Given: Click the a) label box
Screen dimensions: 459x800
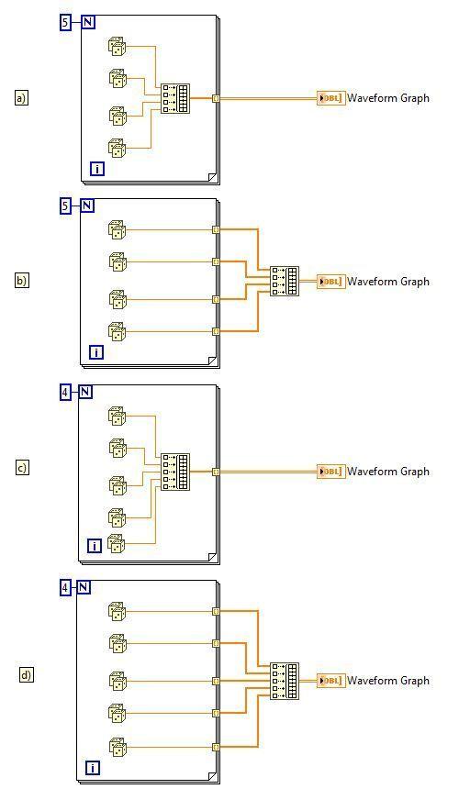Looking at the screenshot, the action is [x=21, y=97].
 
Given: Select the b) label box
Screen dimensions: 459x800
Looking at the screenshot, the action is [x=21, y=280].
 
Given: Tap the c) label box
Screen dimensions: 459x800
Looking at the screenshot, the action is [x=22, y=468].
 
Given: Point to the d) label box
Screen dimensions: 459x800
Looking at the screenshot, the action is [x=26, y=675].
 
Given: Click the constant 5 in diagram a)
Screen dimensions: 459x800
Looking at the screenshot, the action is [x=65, y=22].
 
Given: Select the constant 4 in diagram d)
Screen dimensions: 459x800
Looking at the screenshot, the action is [x=65, y=588].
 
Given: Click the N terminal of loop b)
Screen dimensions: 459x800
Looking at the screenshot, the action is [x=87, y=206].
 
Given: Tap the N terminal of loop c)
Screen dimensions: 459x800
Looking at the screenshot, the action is [x=85, y=392].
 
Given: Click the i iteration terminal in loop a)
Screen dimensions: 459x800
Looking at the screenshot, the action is [x=97, y=169].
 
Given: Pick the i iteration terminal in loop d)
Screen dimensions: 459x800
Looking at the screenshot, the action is [x=93, y=768].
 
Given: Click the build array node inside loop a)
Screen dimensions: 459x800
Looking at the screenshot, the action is [x=175, y=98].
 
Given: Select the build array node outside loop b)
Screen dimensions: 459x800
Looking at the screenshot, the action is [x=285, y=281].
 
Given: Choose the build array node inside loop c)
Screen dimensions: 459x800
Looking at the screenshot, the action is [x=175, y=472].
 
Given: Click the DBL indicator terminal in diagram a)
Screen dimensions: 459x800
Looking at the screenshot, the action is [x=330, y=98].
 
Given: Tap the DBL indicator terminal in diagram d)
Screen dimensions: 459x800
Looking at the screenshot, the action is [x=330, y=681].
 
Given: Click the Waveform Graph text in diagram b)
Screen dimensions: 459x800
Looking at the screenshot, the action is [x=388, y=282].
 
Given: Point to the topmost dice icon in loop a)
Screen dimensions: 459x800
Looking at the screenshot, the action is [x=118, y=47].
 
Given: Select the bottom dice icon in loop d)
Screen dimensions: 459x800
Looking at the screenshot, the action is [x=118, y=747].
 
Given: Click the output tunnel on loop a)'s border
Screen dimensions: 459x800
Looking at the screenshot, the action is [x=216, y=98].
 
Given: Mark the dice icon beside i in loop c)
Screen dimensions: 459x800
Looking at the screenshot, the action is [x=117, y=544].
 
